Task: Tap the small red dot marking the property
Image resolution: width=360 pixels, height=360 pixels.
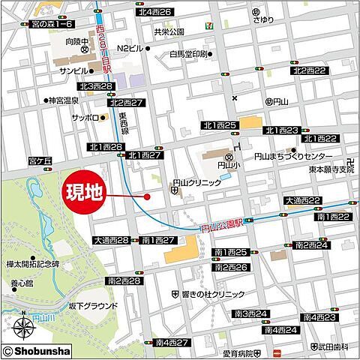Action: pos(147,197)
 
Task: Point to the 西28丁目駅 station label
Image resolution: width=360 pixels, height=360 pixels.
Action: pos(103,45)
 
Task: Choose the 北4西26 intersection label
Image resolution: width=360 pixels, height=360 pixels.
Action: pos(154,12)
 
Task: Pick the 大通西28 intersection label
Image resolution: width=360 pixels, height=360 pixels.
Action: pos(111,240)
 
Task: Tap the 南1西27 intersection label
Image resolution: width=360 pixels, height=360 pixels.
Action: pos(158,240)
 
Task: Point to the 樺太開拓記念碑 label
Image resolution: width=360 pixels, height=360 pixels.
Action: pos(32,265)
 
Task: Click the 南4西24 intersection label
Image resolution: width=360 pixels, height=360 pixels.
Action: pos(281,329)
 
